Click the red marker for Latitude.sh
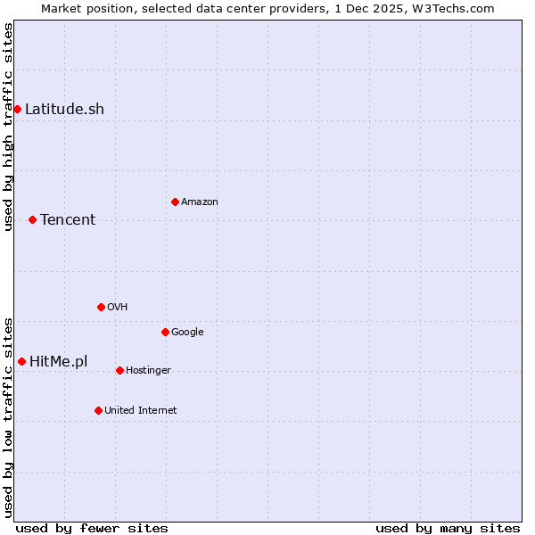[x=17, y=109]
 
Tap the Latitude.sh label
[x=64, y=110]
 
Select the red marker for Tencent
[x=32, y=219]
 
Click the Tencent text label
[x=68, y=220]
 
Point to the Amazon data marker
[x=175, y=202]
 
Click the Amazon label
[x=200, y=202]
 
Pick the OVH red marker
[x=101, y=307]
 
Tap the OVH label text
[x=118, y=308]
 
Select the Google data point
[x=165, y=332]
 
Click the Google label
[x=187, y=333]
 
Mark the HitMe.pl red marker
[x=21, y=361]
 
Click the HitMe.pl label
[x=59, y=362]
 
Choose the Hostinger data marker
[x=119, y=370]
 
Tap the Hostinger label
[x=148, y=371]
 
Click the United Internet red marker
[x=98, y=410]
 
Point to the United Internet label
[x=141, y=411]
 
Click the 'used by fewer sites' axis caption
[x=92, y=529]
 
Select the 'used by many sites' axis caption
[x=448, y=529]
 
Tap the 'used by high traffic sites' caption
[x=8, y=128]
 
